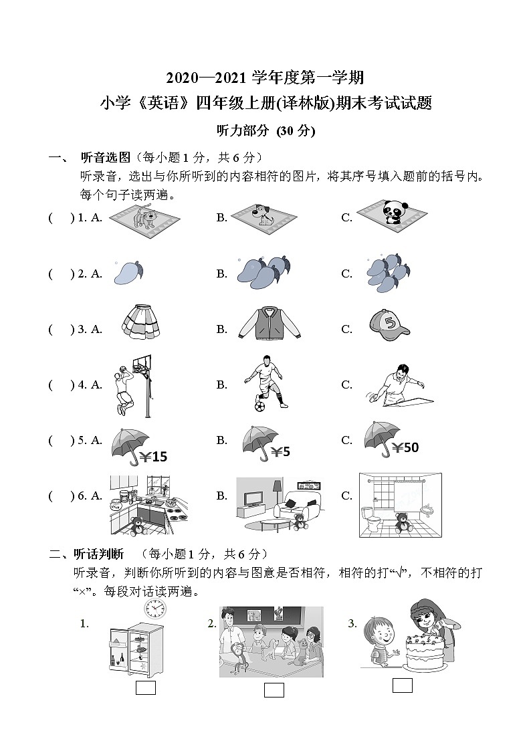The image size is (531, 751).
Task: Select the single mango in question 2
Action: click(127, 272)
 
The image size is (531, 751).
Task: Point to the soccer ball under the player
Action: click(258, 405)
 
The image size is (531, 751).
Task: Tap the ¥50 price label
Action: click(405, 447)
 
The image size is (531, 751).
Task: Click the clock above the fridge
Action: click(154, 607)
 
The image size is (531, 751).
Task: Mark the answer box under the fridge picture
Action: click(145, 687)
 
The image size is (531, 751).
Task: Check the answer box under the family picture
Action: click(274, 690)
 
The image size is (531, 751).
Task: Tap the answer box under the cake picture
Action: click(402, 685)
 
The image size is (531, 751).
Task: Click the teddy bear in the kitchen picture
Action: click(137, 526)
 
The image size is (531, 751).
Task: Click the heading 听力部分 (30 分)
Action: click(265, 131)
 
